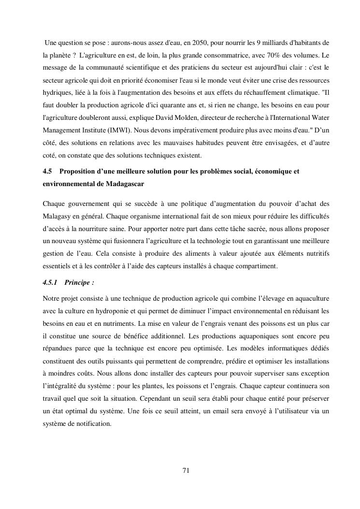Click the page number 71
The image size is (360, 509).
tap(186, 470)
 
